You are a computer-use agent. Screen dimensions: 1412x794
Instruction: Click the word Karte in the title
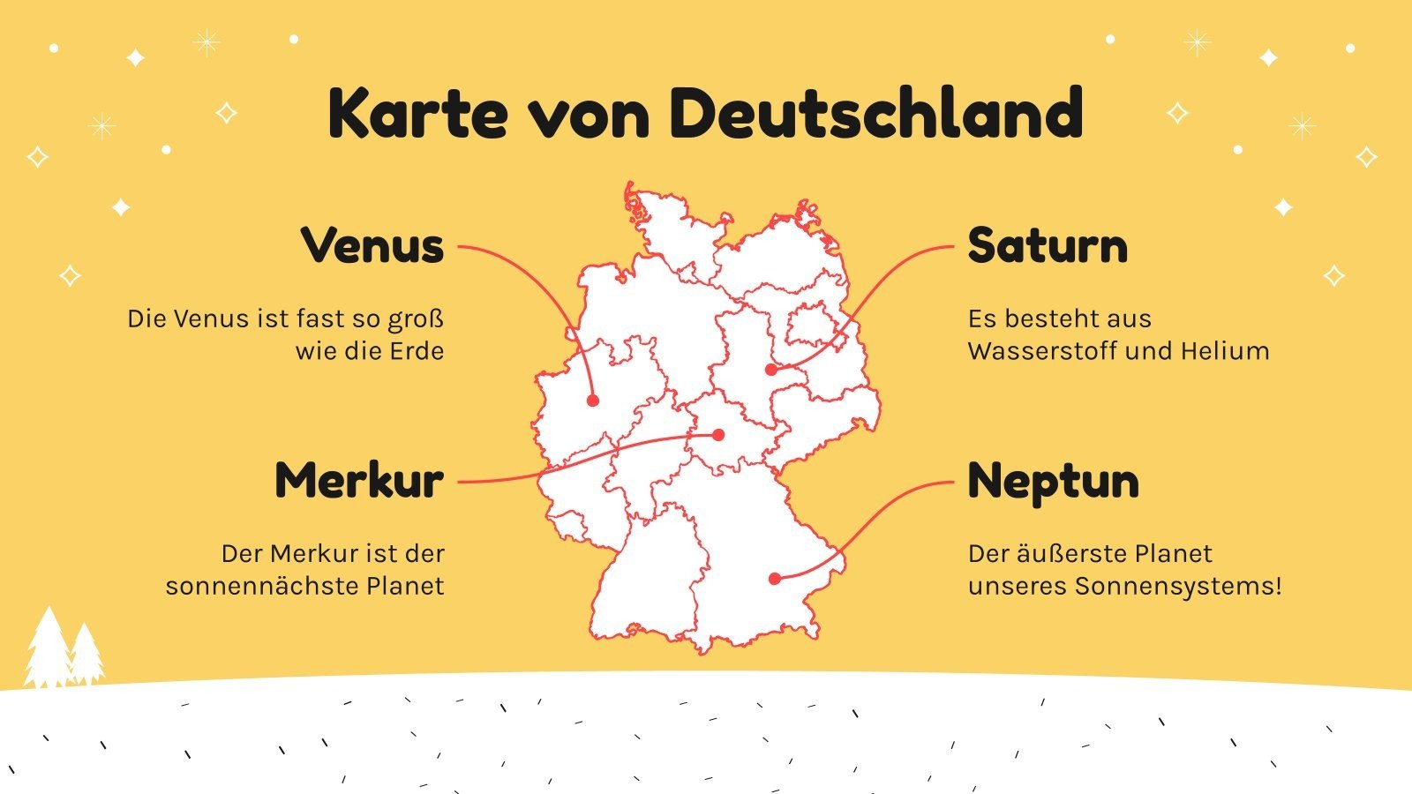pos(417,114)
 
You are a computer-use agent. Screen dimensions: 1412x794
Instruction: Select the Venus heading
pos(372,245)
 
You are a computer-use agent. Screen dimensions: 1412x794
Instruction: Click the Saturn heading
pos(1048,245)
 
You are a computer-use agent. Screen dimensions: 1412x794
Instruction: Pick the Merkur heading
pos(359,481)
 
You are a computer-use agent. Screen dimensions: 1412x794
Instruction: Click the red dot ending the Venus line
pos(593,401)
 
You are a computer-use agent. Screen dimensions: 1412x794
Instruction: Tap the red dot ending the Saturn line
pos(771,370)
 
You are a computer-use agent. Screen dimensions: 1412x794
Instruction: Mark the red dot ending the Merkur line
pos(718,435)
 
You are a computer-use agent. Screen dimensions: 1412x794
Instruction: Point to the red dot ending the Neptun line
pos(774,579)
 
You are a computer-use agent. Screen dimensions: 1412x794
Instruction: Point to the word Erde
pos(417,351)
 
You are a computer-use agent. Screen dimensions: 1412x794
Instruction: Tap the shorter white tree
pos(86,657)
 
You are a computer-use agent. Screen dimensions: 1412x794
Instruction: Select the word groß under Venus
pos(415,319)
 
